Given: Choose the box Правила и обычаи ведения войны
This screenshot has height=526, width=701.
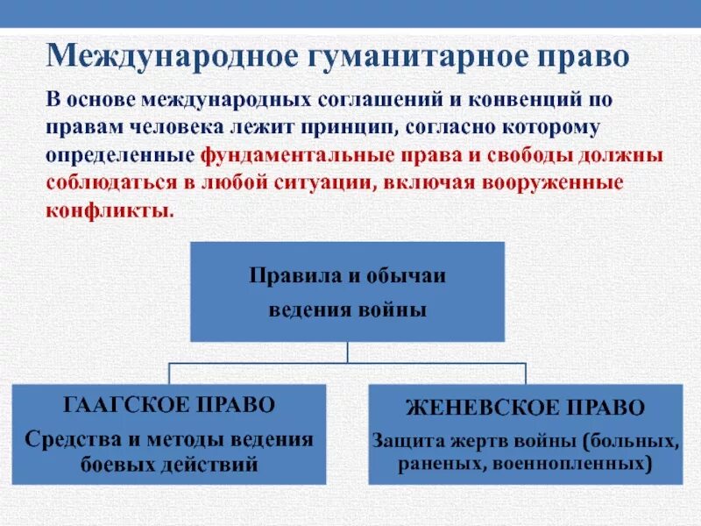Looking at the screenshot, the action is pos(348,291).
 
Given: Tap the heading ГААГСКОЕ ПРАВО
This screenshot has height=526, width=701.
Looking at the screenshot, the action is pos(169,406).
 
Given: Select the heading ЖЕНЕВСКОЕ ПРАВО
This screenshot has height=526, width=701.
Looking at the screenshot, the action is pos(525,408).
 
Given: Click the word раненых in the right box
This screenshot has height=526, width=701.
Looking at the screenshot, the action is pos(435,464).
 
